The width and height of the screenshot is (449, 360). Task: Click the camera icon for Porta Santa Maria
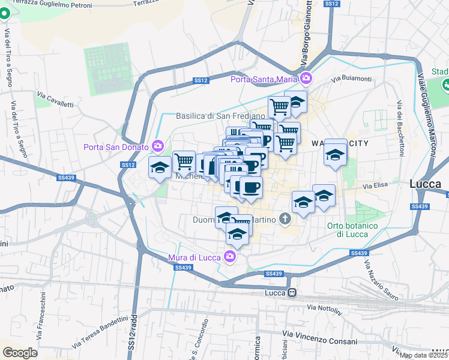[x=306, y=78]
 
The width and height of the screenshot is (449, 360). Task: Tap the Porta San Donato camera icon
[x=158, y=146]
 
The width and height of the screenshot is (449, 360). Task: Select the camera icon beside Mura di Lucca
[x=229, y=257]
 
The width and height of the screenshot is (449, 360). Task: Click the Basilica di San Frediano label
[x=220, y=116]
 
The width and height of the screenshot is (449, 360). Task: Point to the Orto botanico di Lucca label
[x=352, y=230]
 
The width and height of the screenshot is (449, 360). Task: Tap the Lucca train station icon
[x=292, y=293]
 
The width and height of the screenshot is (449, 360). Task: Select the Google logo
[x=20, y=352]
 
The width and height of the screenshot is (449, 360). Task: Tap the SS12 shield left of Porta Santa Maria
[x=200, y=80]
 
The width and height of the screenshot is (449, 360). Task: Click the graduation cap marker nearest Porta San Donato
[x=160, y=167]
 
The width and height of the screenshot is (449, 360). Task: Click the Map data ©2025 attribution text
[x=423, y=355]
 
